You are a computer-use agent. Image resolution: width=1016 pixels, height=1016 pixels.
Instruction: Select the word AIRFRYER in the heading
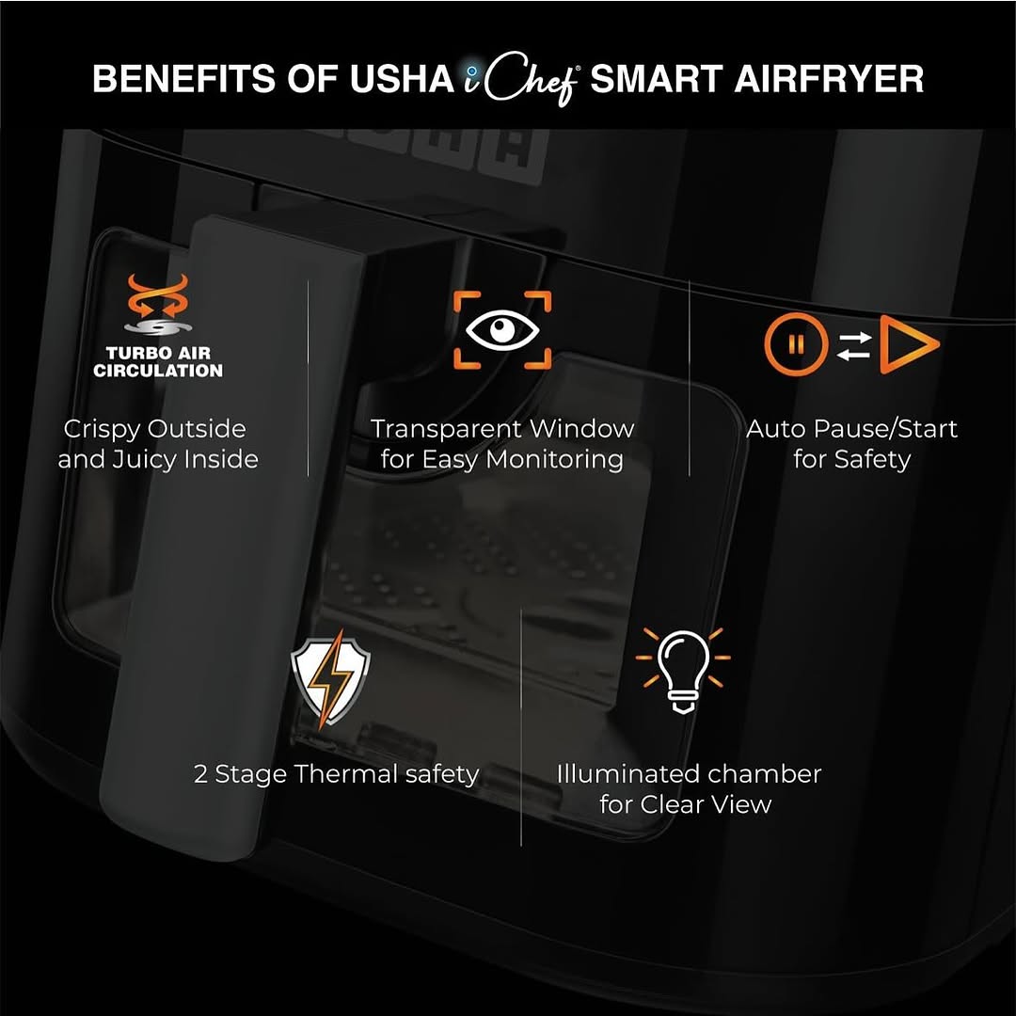coord(829,80)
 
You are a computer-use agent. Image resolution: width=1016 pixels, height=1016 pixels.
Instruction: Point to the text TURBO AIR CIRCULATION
coord(158,361)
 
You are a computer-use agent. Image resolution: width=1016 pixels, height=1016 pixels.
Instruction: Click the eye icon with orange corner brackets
coord(502,330)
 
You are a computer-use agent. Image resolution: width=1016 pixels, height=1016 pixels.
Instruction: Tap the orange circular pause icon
coord(796,343)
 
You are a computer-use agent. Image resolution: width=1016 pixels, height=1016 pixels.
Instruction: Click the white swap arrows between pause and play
coord(853,344)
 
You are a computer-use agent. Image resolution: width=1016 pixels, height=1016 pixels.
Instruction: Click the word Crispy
coord(102,429)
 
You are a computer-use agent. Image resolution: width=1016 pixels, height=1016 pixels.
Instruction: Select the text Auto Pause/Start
coord(851,429)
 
